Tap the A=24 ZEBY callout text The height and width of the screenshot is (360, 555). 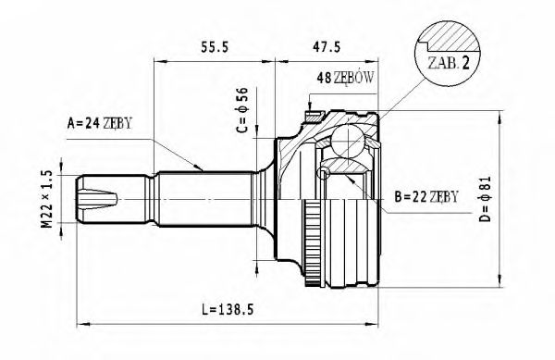click(100, 121)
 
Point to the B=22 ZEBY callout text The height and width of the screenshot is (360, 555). click(426, 196)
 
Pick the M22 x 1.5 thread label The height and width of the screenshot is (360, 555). click(45, 199)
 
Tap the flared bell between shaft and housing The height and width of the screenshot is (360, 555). click(266, 198)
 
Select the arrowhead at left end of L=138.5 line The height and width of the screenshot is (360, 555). click(80, 323)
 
